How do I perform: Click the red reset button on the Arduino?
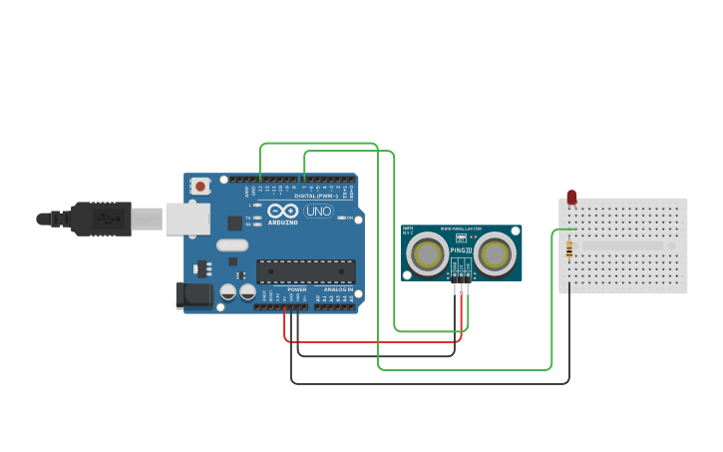200,186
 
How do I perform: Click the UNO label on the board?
318,212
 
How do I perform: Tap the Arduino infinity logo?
282,212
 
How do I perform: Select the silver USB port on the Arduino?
186,219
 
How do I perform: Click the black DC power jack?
192,294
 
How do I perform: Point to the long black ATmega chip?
305,271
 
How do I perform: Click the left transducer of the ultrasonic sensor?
428,253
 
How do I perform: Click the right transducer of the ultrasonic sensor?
496,253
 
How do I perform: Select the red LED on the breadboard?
571,198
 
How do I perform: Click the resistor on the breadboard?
569,248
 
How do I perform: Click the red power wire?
379,342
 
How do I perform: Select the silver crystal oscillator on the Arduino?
232,244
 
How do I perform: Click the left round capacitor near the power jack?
228,292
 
